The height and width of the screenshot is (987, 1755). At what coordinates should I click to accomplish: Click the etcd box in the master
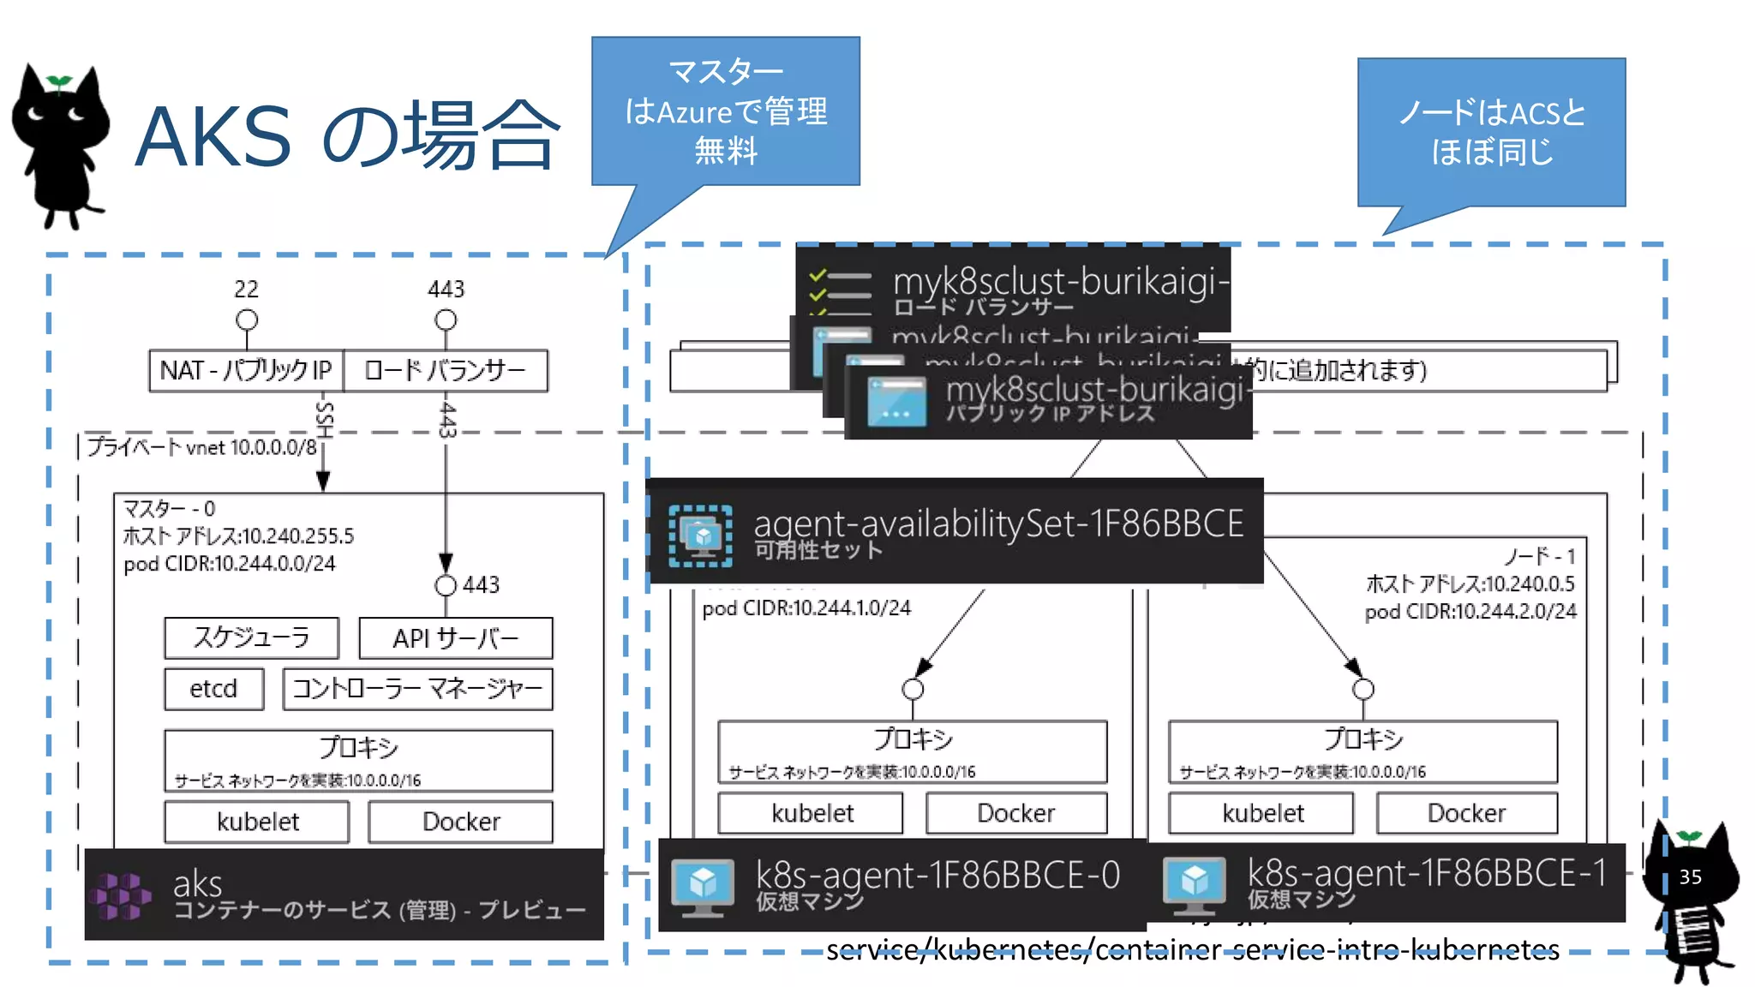pyautogui.click(x=213, y=689)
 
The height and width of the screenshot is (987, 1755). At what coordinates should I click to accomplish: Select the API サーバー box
pyautogui.click(x=455, y=638)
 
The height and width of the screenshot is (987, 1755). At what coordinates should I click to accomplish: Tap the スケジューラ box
pyautogui.click(x=251, y=637)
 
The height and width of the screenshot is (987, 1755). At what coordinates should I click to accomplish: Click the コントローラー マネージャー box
pyautogui.click(x=417, y=689)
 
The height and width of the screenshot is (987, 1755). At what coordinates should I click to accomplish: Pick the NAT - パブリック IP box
pyautogui.click(x=246, y=370)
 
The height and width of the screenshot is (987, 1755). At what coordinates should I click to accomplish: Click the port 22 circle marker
pyautogui.click(x=247, y=320)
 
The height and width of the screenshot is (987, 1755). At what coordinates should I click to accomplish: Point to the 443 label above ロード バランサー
pyautogui.click(x=446, y=289)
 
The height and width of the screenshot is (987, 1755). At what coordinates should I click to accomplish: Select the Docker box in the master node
pyautogui.click(x=460, y=822)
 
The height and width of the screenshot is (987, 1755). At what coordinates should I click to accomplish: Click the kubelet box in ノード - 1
pyautogui.click(x=1262, y=813)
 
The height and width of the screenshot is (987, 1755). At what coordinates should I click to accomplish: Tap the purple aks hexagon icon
pyautogui.click(x=122, y=895)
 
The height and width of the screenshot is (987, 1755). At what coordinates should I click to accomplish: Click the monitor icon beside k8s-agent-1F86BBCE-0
pyautogui.click(x=703, y=885)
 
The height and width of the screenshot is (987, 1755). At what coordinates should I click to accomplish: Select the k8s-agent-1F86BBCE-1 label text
pyautogui.click(x=1426, y=873)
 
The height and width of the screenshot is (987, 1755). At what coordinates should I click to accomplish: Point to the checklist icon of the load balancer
pyautogui.click(x=840, y=290)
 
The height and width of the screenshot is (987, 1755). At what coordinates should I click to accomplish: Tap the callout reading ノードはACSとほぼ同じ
pyautogui.click(x=1491, y=132)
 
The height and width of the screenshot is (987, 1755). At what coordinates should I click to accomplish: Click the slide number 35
pyautogui.click(x=1690, y=876)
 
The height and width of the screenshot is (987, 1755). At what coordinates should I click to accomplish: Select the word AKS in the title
pyautogui.click(x=213, y=137)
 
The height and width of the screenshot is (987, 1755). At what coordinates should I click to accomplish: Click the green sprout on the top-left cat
pyautogui.click(x=59, y=82)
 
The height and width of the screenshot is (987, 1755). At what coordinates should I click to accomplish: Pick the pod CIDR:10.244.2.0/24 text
pyautogui.click(x=1470, y=612)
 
